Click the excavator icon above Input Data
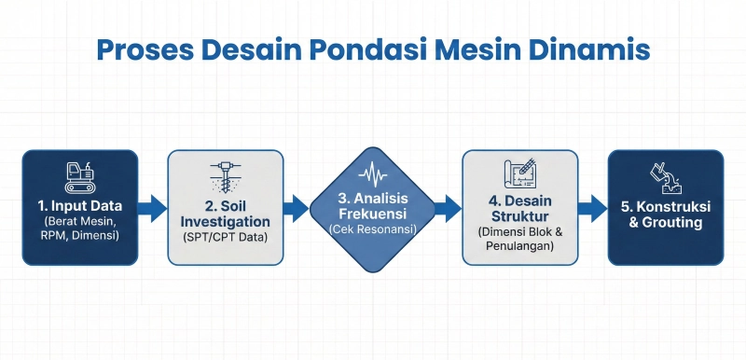(80, 174)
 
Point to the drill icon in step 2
(226, 174)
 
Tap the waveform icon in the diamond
(373, 173)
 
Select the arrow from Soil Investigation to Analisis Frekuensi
(297, 207)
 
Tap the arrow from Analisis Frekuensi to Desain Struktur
(449, 207)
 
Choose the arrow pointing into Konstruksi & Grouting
(591, 207)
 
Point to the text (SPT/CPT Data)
(226, 239)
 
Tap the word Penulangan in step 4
(519, 246)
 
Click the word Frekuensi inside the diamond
(373, 214)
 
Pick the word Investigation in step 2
(226, 222)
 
